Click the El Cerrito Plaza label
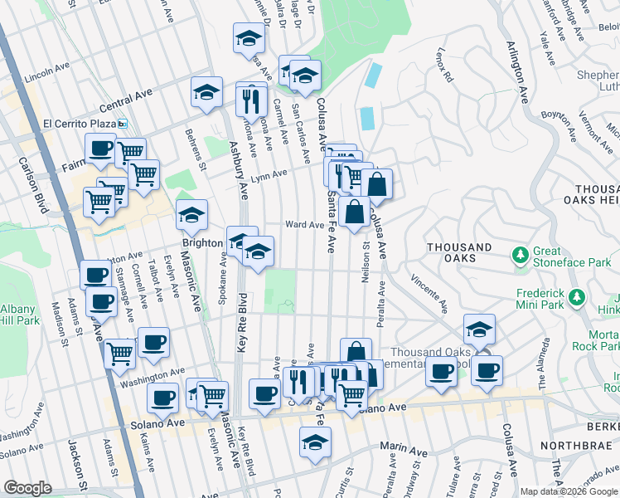pos(78,124)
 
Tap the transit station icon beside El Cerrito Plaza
pos(123,124)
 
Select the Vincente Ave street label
pos(429,295)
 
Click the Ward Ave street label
pos(304,224)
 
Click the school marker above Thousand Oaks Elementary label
pos(479,329)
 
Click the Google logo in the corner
pos(28,488)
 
